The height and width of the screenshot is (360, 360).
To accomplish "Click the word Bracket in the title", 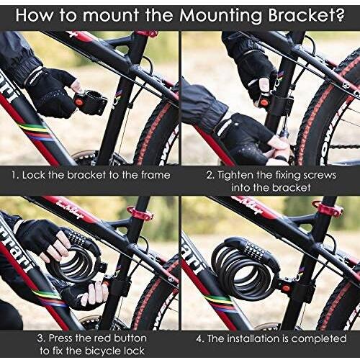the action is tap(307, 15).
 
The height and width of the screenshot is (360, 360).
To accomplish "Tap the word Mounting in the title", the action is tap(222, 16).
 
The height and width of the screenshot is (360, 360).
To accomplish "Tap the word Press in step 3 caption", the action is tap(60, 338).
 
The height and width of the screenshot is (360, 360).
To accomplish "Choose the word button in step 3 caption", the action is tap(130, 338).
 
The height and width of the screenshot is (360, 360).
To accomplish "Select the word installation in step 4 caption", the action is tap(254, 338).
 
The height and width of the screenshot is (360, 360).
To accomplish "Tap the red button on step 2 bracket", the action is tap(264, 104).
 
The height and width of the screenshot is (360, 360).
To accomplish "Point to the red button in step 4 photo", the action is tap(285, 287).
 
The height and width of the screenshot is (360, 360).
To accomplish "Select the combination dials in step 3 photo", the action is tap(77, 236).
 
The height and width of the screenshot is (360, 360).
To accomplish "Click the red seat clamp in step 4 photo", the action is tap(328, 208).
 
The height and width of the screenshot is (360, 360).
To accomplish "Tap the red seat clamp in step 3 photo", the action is tap(141, 213).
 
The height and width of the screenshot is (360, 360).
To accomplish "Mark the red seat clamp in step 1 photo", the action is tap(147, 34).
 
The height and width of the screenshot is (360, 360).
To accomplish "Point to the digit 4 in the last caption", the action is tap(199, 339).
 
